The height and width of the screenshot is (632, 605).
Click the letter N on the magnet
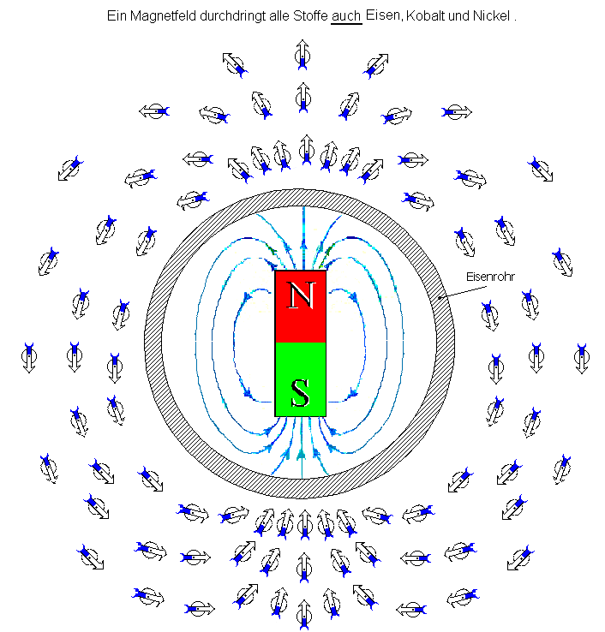[300, 295]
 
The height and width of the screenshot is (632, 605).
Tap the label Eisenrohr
[488, 277]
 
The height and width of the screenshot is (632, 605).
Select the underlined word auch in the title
[345, 16]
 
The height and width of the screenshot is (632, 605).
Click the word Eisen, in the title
[382, 16]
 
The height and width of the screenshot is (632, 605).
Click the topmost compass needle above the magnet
[302, 56]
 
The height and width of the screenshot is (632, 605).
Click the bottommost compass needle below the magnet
[302, 614]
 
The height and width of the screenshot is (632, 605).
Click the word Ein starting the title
[117, 16]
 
